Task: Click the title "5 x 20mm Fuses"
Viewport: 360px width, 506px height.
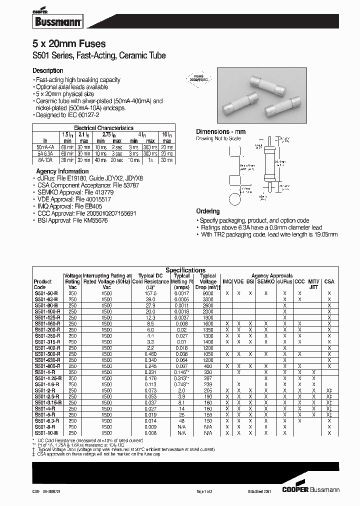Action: (69, 44)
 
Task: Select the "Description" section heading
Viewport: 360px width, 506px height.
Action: (48, 71)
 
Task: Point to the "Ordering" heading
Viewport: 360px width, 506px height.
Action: (207, 211)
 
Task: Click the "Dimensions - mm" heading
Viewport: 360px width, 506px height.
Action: (220, 131)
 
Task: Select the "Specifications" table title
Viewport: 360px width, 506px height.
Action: (185, 270)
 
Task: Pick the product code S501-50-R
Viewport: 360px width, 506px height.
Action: (46, 293)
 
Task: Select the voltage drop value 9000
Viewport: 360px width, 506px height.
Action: (208, 293)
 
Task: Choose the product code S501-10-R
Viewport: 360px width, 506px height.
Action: (46, 433)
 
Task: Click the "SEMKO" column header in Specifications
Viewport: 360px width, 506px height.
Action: (265, 282)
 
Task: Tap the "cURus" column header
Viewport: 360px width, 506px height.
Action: (285, 282)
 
